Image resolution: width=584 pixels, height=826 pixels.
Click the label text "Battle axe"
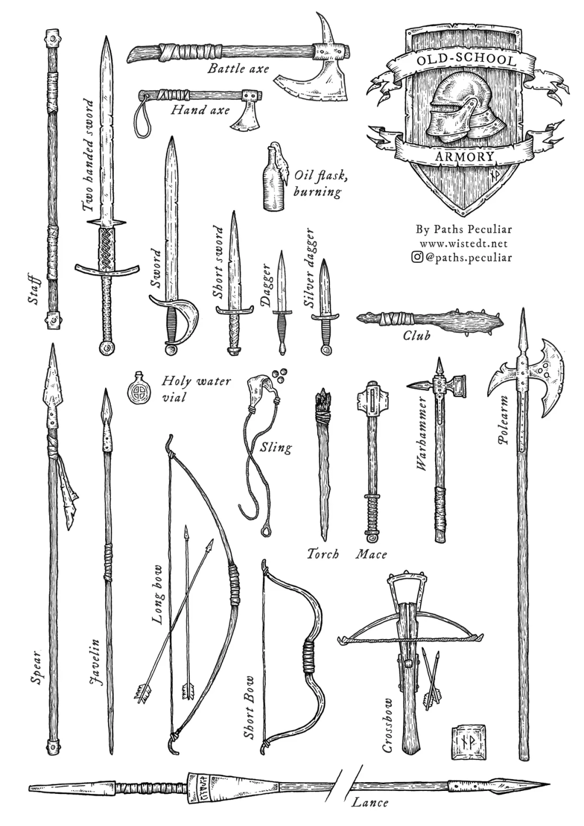238,69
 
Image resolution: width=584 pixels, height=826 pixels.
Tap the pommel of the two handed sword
106,349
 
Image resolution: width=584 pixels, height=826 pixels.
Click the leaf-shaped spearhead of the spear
52,386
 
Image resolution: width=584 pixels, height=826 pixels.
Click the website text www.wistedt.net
463,243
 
